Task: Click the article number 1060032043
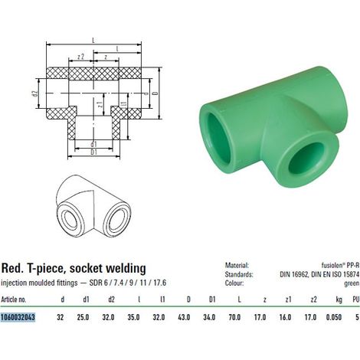(18, 317)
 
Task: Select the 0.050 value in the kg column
(334, 317)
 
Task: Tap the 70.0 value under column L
(234, 317)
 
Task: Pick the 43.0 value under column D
(184, 317)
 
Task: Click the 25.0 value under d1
(83, 317)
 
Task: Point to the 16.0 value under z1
(285, 317)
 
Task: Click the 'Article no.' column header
(14, 299)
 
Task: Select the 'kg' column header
(339, 299)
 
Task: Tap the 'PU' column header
(356, 299)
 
